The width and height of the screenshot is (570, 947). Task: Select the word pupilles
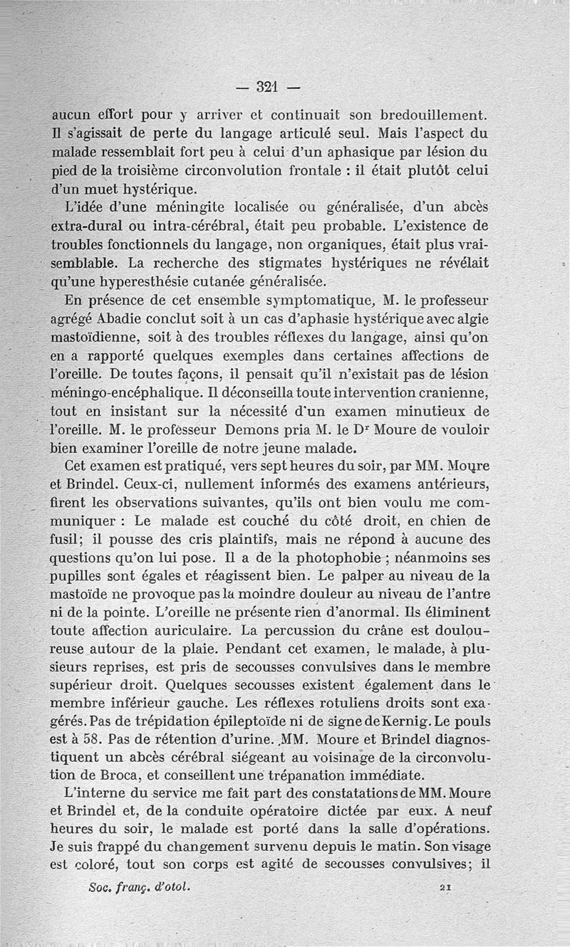coord(77,572)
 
